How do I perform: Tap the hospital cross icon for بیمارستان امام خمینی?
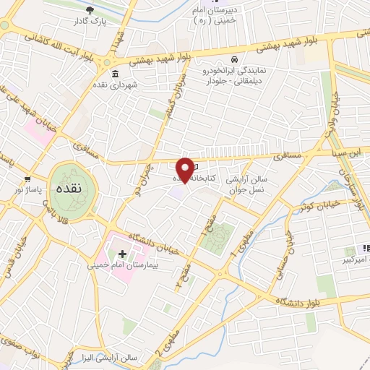coord(122,254)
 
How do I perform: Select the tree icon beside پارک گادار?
coord(90,10)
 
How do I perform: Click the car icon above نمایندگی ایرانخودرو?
coord(234,59)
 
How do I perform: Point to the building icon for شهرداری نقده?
coord(115,73)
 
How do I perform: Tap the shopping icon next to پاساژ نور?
coord(27,178)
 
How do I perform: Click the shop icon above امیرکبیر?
coord(366,248)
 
